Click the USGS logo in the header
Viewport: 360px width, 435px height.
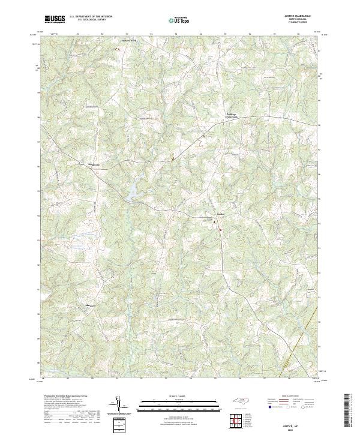click(55, 19)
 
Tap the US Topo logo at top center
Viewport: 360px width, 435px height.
click(178, 20)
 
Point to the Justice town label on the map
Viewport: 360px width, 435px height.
click(220, 213)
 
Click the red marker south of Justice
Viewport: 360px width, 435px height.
click(220, 229)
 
